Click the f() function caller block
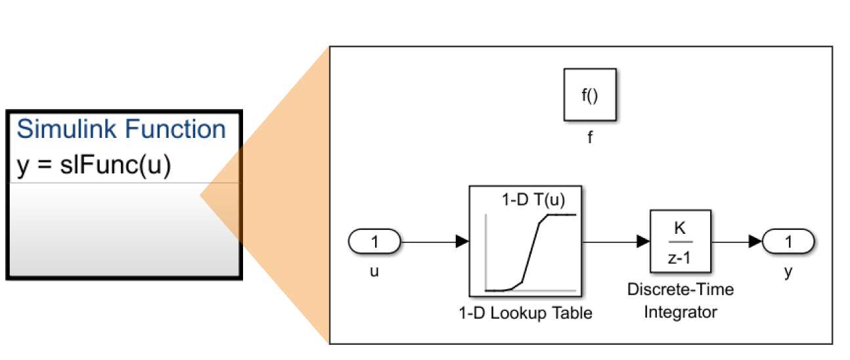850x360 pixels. pyautogui.click(x=589, y=95)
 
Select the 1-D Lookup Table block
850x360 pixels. pyautogui.click(x=526, y=242)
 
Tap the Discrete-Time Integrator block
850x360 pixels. pyautogui.click(x=680, y=241)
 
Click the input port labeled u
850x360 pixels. pyautogui.click(x=375, y=242)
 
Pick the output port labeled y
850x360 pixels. pyautogui.click(x=788, y=242)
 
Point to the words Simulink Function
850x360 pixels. pyautogui.click(x=121, y=129)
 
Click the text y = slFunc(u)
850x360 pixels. pyautogui.click(x=93, y=165)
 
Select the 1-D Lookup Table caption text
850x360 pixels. pyautogui.click(x=525, y=313)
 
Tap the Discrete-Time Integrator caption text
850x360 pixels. pyautogui.click(x=680, y=301)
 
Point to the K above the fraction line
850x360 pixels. pyautogui.click(x=681, y=229)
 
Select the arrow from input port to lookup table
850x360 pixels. pyautogui.click(x=434, y=242)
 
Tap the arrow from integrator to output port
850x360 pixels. pyautogui.click(x=736, y=242)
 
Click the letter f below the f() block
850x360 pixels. pyautogui.click(x=589, y=138)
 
